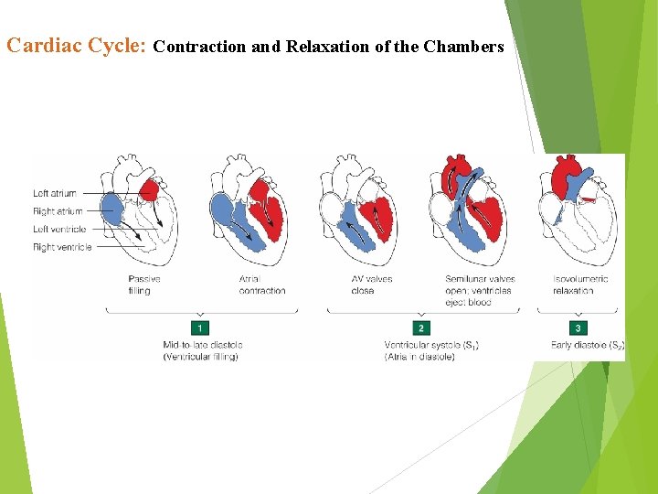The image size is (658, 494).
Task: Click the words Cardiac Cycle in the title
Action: click(x=77, y=45)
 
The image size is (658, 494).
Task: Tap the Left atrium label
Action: click(x=55, y=194)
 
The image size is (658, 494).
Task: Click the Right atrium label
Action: click(x=58, y=211)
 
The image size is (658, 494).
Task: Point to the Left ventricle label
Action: click(x=59, y=229)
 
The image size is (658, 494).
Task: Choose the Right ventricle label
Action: click(x=62, y=247)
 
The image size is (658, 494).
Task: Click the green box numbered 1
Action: click(x=199, y=328)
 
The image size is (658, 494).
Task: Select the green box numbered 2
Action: click(x=421, y=328)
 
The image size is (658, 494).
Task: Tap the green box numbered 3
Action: click(x=578, y=328)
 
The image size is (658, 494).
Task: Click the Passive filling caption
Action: click(x=145, y=285)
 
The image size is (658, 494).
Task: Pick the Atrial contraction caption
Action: click(x=261, y=285)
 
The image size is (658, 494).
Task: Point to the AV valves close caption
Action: click(x=372, y=285)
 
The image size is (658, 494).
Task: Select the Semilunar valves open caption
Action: click(x=480, y=290)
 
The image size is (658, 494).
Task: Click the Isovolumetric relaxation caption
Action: click(x=580, y=285)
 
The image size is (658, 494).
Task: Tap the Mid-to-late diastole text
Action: click(x=202, y=350)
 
